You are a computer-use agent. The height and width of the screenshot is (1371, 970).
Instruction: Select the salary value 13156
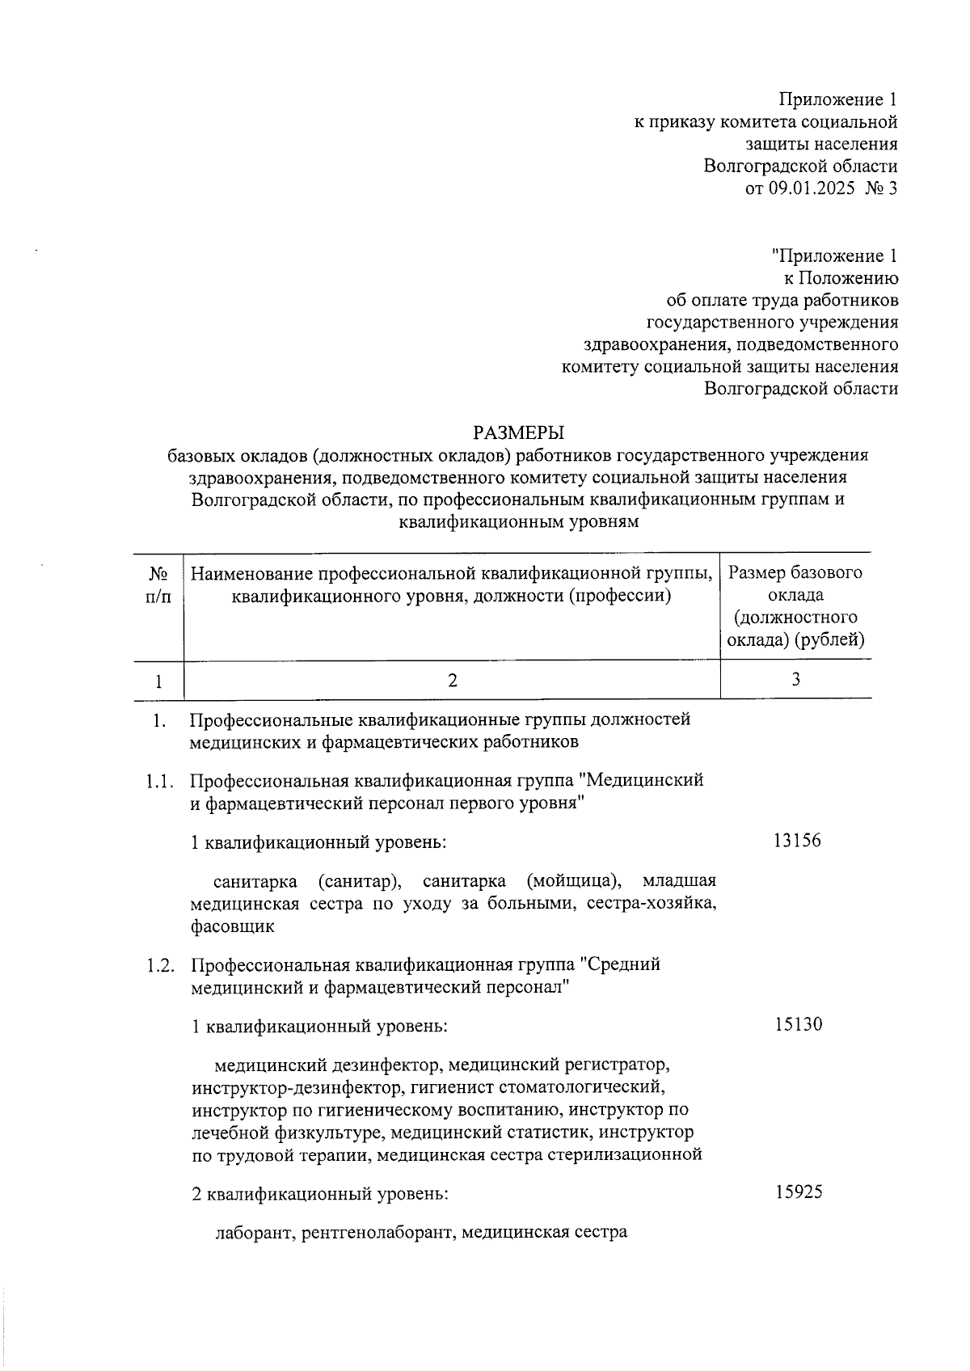(797, 841)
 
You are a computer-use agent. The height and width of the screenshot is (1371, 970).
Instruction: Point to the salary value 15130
(798, 1025)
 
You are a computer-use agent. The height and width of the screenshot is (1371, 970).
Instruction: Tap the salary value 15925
(798, 1192)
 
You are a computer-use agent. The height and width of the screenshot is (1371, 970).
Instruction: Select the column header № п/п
(158, 584)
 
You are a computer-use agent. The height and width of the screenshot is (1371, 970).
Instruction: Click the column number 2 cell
(453, 681)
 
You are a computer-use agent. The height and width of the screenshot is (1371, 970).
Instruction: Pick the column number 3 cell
(796, 680)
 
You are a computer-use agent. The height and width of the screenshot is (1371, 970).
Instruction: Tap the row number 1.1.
(160, 782)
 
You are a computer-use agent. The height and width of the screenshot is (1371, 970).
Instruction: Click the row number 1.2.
(160, 965)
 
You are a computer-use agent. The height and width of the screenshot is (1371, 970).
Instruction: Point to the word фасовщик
(233, 926)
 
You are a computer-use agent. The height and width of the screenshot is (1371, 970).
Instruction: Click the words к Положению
(841, 279)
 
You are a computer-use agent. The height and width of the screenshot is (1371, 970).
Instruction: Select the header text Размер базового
(795, 573)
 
